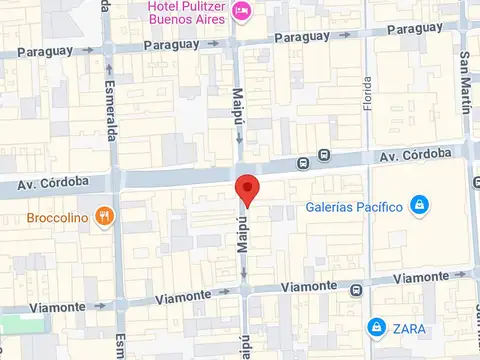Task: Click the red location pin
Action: tap(247, 190)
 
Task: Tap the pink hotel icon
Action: tap(241, 10)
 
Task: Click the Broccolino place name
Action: tap(46, 215)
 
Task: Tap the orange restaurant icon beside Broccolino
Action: tap(104, 215)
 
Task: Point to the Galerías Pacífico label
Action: tap(354, 207)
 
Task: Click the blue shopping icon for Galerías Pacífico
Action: tap(419, 206)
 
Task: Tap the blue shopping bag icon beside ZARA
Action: tap(376, 327)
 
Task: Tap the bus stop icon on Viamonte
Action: tap(356, 290)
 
